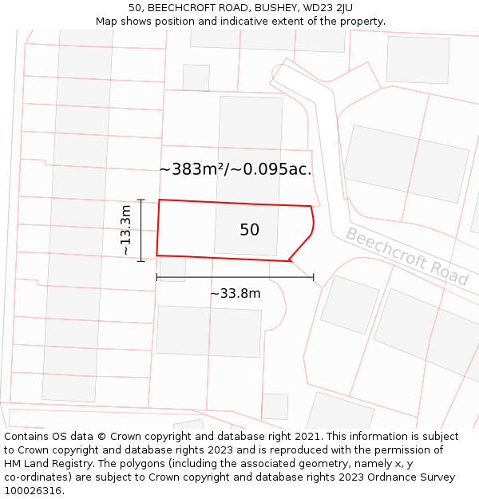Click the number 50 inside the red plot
(249, 230)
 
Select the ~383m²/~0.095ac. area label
(236, 169)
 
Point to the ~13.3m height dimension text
(125, 230)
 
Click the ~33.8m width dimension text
(236, 294)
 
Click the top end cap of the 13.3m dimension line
(141, 200)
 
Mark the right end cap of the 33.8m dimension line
(314, 277)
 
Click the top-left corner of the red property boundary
(160, 200)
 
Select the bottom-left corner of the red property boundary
(157, 255)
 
